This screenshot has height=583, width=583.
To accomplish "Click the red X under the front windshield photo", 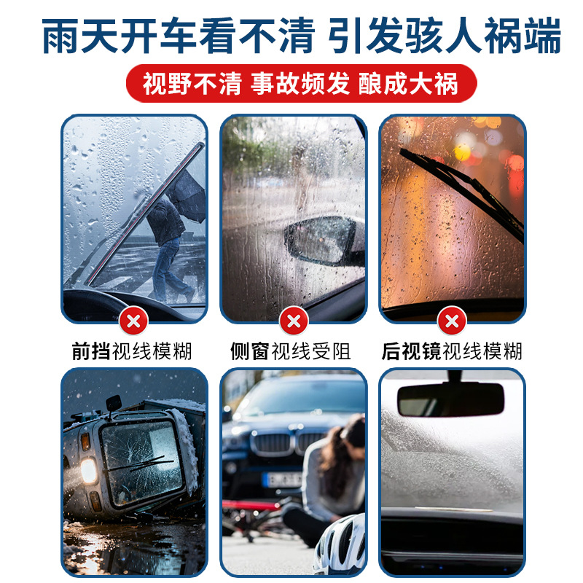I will pos(134,320).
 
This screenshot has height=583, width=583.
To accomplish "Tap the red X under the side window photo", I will pos(294,320).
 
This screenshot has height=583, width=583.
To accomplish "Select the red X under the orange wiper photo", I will pos(452,320).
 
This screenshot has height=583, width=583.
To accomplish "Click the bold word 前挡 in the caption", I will pos(90,351).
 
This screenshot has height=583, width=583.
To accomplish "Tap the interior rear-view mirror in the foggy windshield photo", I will pos(450,399).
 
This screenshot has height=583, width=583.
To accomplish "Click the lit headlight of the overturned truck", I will pos(89,470).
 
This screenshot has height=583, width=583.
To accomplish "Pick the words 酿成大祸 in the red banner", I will pos(408,84).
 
